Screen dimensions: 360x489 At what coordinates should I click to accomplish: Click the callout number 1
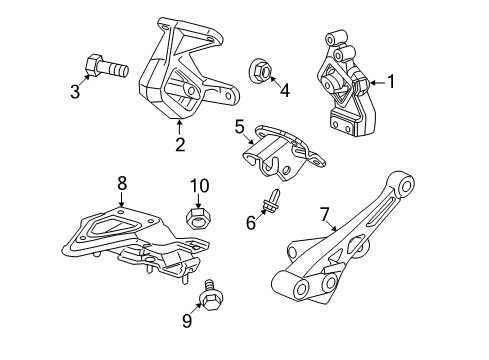[x=391, y=83]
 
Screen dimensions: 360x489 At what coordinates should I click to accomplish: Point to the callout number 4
[x=284, y=91]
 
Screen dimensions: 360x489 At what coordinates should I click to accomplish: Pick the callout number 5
[x=240, y=126]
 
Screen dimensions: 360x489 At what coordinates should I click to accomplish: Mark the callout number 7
[x=324, y=213]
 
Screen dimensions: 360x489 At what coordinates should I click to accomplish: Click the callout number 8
[x=121, y=183]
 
